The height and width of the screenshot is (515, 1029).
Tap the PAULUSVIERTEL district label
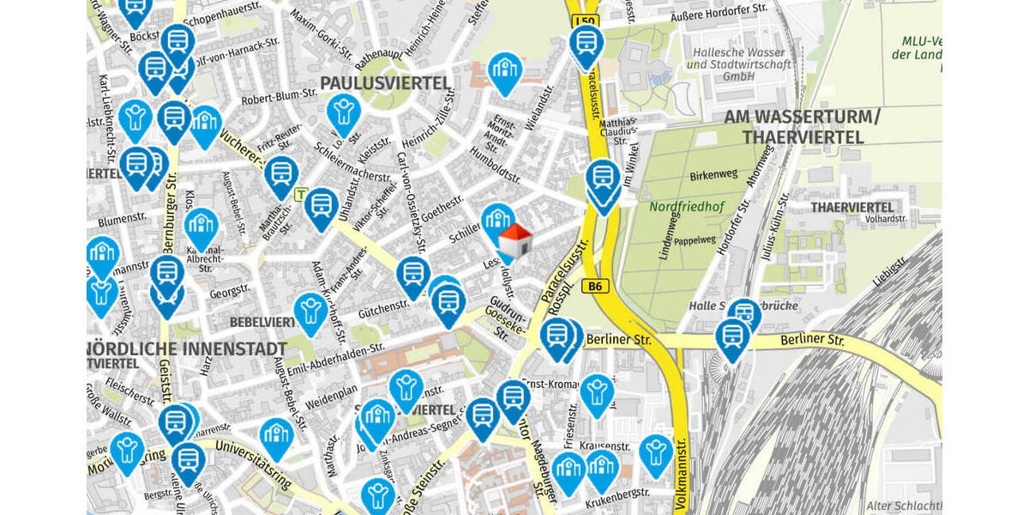click(385, 83)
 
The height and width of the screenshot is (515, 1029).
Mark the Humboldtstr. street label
click(496, 165)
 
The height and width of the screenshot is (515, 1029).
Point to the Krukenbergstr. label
click(617, 499)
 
